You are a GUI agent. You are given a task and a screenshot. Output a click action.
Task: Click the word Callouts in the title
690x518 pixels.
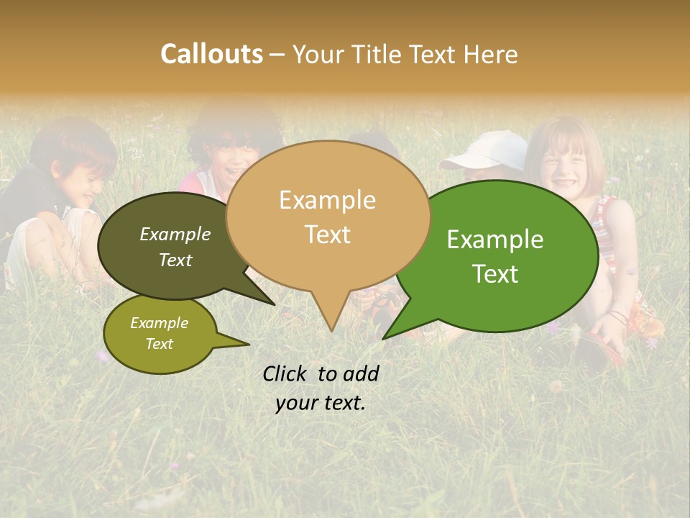pos(211,54)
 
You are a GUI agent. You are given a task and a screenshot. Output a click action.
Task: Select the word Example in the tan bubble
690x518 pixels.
pos(327,200)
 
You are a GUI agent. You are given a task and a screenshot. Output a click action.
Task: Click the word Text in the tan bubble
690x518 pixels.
pos(327,235)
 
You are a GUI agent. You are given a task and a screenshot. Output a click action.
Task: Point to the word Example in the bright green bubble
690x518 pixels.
pos(495,240)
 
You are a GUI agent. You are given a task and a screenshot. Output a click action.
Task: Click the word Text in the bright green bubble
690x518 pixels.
pos(495,274)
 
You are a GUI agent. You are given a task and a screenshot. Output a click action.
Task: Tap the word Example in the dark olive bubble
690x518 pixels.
pos(175,234)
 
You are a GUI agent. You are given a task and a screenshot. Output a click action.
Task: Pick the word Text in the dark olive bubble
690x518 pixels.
pos(175,260)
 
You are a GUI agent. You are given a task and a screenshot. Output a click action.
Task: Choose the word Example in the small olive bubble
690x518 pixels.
pos(159,323)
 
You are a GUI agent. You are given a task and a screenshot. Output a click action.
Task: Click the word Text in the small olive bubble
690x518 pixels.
pos(159,344)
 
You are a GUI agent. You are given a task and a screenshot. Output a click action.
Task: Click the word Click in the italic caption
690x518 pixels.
pos(285,373)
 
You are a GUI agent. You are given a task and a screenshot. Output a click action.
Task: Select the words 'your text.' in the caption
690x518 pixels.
pos(321,404)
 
